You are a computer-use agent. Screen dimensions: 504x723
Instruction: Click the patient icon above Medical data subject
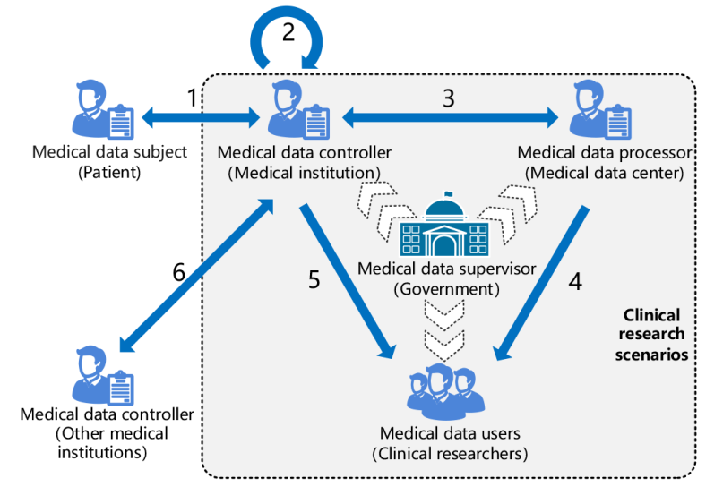(x=101, y=112)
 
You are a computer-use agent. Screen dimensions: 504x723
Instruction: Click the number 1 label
(x=192, y=99)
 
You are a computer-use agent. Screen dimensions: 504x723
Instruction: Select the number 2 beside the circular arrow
(x=288, y=32)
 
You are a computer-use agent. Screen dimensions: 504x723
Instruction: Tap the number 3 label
(x=449, y=98)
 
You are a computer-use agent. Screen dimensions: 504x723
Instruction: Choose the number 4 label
(x=575, y=281)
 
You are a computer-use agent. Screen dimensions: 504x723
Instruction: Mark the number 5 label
(x=314, y=279)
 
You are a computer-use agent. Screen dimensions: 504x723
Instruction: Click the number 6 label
(x=179, y=273)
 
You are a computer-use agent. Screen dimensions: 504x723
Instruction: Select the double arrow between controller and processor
(x=448, y=115)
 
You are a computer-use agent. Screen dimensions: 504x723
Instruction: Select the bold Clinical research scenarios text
(x=652, y=334)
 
